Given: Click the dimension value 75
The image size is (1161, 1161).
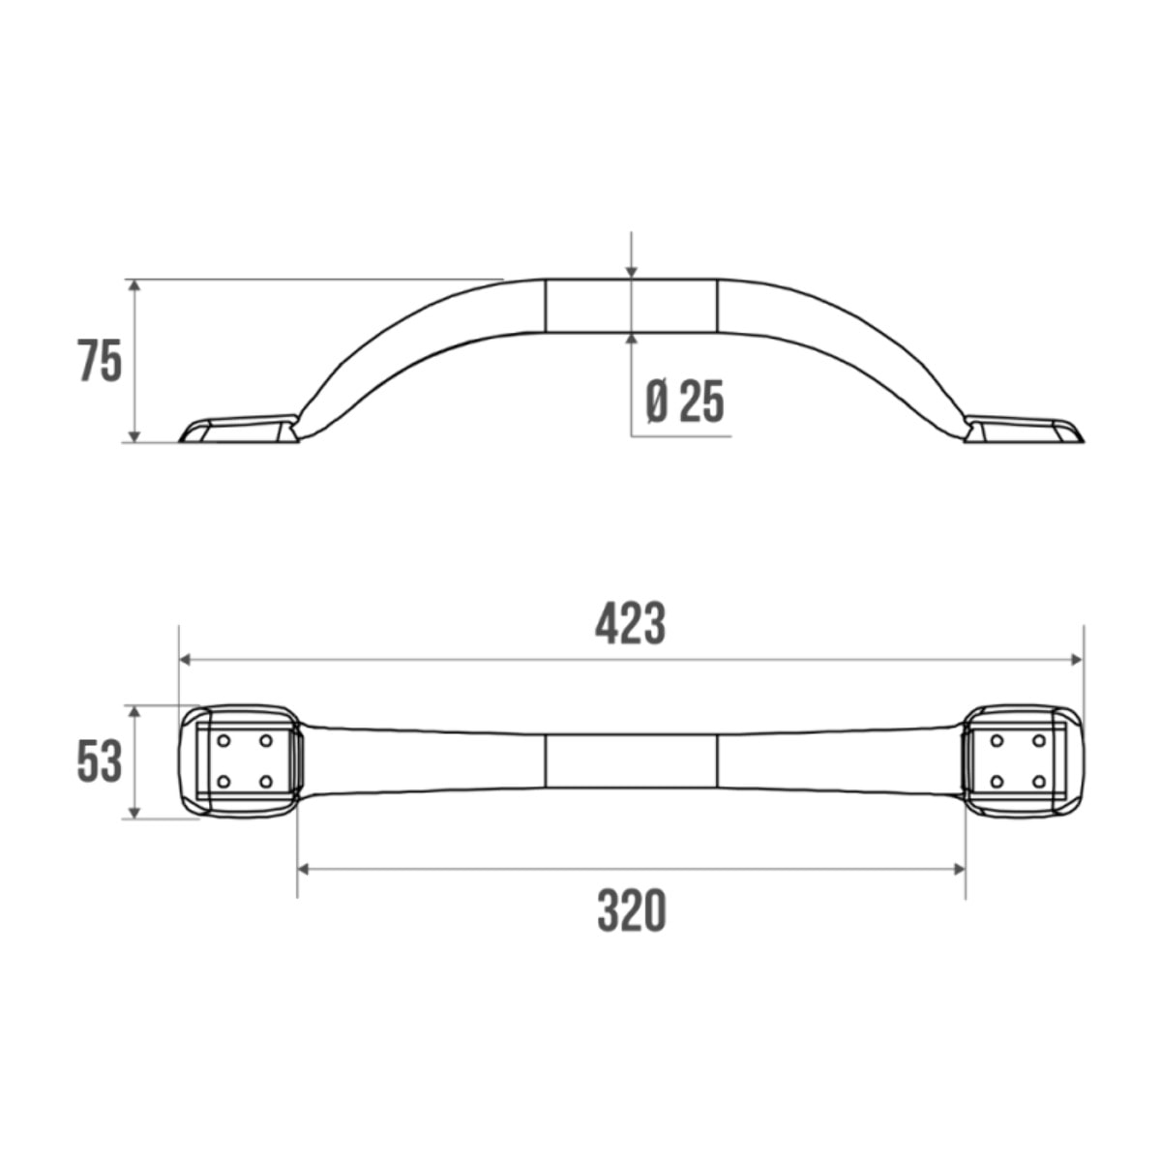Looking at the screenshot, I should [x=101, y=363].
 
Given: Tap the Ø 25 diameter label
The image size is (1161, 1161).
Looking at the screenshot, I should [x=685, y=402].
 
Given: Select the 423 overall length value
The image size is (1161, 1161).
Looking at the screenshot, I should [x=630, y=625].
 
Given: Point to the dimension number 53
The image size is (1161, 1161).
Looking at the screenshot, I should [x=100, y=761].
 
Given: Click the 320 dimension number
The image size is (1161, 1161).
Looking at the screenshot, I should [x=631, y=911].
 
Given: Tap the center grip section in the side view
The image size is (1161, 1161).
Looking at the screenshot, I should [x=631, y=306].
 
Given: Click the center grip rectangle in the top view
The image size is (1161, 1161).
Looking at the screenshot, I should [x=631, y=760].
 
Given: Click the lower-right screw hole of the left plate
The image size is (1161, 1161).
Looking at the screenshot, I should [x=265, y=781].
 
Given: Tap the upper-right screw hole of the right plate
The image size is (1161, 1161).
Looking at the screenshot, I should [x=1038, y=741].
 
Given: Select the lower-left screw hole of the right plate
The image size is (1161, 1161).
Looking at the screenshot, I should [x=997, y=781].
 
